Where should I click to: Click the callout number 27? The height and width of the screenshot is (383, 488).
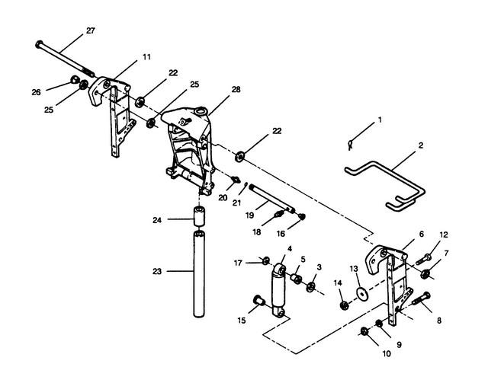[90, 30]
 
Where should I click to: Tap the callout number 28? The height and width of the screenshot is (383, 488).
[236, 90]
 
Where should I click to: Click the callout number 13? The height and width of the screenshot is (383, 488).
[353, 269]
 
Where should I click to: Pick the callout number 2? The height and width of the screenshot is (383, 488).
[420, 144]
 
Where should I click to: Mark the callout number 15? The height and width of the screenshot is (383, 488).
[242, 320]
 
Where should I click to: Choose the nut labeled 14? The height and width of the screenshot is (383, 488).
[344, 305]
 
